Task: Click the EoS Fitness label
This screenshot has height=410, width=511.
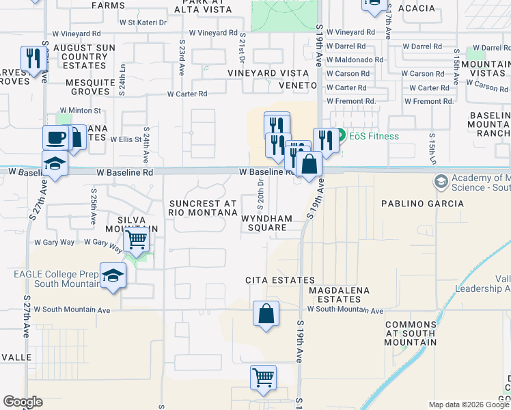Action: click(x=374, y=135)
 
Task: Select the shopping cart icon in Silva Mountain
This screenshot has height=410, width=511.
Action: click(x=137, y=240)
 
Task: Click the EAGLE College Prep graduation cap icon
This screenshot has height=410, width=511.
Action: click(x=113, y=275)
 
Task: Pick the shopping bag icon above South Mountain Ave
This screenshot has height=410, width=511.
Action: click(x=266, y=314)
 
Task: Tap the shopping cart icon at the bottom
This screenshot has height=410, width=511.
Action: click(x=263, y=377)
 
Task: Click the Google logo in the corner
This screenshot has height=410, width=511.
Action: click(x=23, y=402)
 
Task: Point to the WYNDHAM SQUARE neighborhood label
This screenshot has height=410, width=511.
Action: click(x=267, y=223)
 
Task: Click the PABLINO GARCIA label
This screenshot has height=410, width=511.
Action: click(x=422, y=204)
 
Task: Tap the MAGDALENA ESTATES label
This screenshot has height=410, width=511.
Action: click(x=339, y=295)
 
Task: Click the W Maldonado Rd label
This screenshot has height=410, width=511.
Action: click(x=355, y=60)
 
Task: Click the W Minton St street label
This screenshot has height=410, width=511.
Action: click(x=80, y=110)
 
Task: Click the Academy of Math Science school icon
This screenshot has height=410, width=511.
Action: click(x=441, y=182)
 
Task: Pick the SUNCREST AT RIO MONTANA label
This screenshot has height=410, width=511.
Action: click(x=203, y=208)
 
